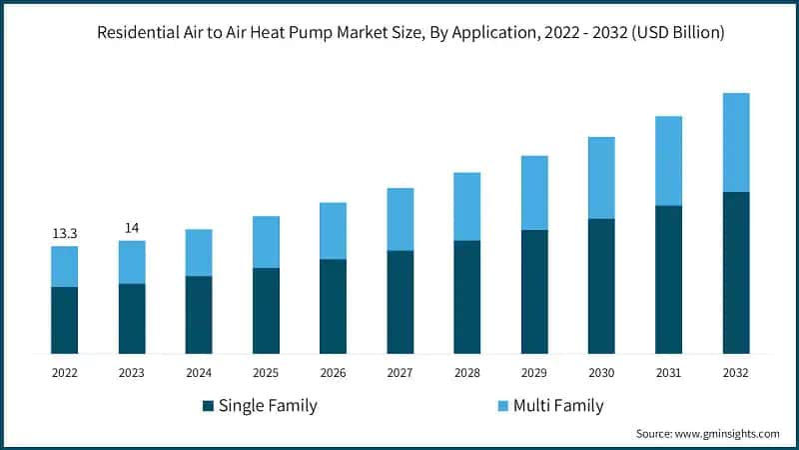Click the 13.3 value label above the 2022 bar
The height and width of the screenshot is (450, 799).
pyautogui.click(x=65, y=233)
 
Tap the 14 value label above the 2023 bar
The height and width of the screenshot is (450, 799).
pyautogui.click(x=132, y=228)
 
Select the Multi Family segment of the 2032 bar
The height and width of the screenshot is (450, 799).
pyautogui.click(x=736, y=142)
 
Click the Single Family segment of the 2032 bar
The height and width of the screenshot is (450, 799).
pyautogui.click(x=736, y=272)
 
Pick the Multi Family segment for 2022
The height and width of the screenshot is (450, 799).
pyautogui.click(x=65, y=266)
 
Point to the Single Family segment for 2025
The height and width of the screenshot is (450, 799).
pyautogui.click(x=266, y=310)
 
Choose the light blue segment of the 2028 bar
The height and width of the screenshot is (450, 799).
pyautogui.click(x=467, y=206)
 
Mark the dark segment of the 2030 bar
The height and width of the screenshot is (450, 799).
pyautogui.click(x=601, y=286)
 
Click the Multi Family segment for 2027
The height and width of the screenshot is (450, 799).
pyautogui.click(x=400, y=219)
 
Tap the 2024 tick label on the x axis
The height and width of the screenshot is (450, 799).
pyautogui.click(x=199, y=372)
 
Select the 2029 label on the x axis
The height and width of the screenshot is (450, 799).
pyautogui.click(x=534, y=372)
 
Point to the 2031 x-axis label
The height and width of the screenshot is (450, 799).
pyautogui.click(x=668, y=372)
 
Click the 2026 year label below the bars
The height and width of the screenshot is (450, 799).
pyautogui.click(x=333, y=372)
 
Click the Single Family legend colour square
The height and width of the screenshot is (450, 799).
pyautogui.click(x=208, y=406)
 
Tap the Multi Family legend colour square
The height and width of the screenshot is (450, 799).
pyautogui.click(x=503, y=406)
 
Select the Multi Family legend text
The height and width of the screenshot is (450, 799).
pyautogui.click(x=559, y=406)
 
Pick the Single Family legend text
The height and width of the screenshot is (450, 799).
pyautogui.click(x=268, y=406)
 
